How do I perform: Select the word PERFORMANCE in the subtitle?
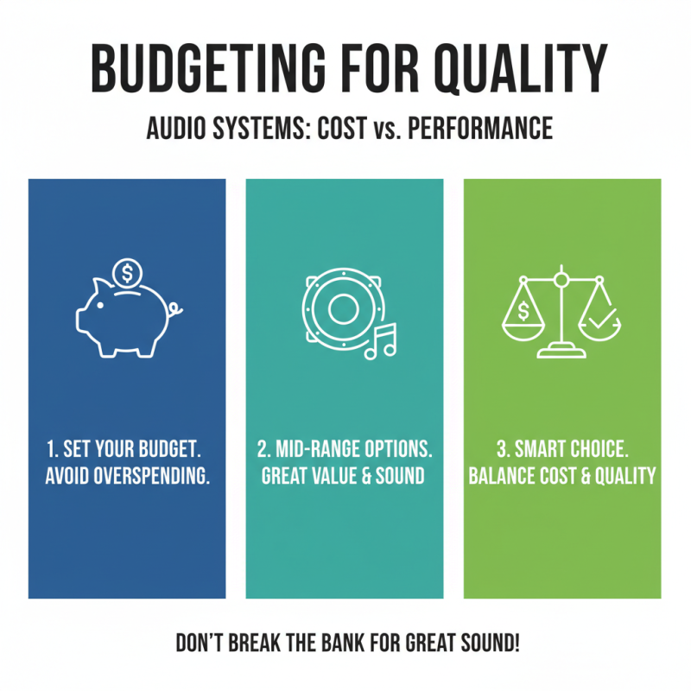pos(479,130)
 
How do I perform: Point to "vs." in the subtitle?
pos(383,130)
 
